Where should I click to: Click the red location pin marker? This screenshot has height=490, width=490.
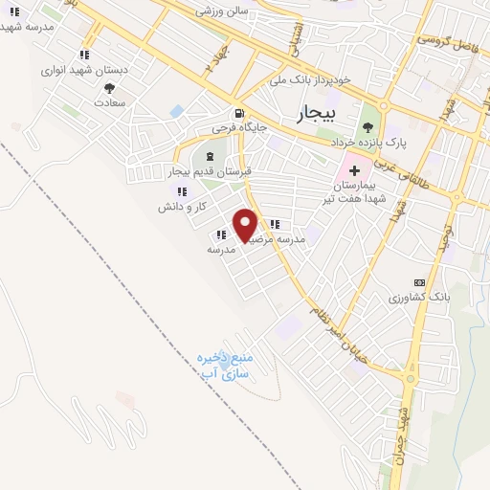(x=246, y=226)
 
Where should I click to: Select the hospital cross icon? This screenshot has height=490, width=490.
(x=353, y=169)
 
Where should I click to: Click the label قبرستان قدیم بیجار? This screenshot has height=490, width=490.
(x=212, y=171)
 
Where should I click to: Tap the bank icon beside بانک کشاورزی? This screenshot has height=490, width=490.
(x=418, y=282)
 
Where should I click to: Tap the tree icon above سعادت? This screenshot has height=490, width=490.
(x=111, y=88)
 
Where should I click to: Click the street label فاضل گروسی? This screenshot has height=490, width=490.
(x=446, y=42)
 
